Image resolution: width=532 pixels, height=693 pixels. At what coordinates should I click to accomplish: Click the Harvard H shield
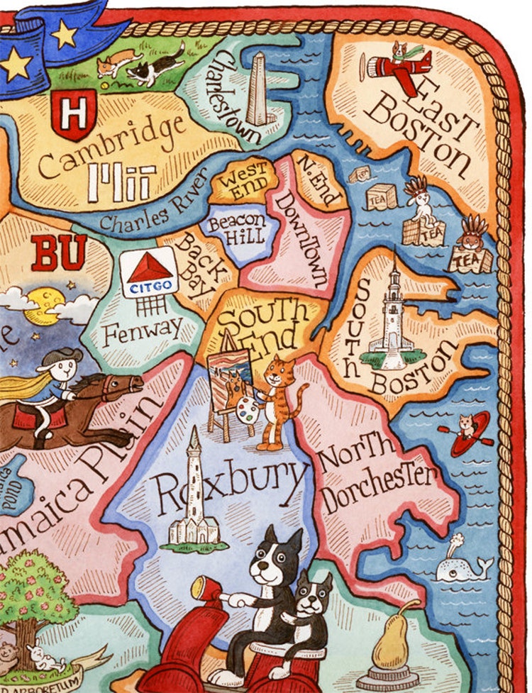coord(73,113)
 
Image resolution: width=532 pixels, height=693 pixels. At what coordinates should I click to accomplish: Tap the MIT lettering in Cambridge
coord(121,183)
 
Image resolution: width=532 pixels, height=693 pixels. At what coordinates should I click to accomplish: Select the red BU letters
coord(58,253)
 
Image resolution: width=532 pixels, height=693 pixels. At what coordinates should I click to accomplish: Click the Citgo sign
coord(149,272)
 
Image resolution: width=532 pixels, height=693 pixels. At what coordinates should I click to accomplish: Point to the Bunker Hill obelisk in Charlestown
coord(257,90)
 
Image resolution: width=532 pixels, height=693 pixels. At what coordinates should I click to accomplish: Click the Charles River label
coord(153,211)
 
